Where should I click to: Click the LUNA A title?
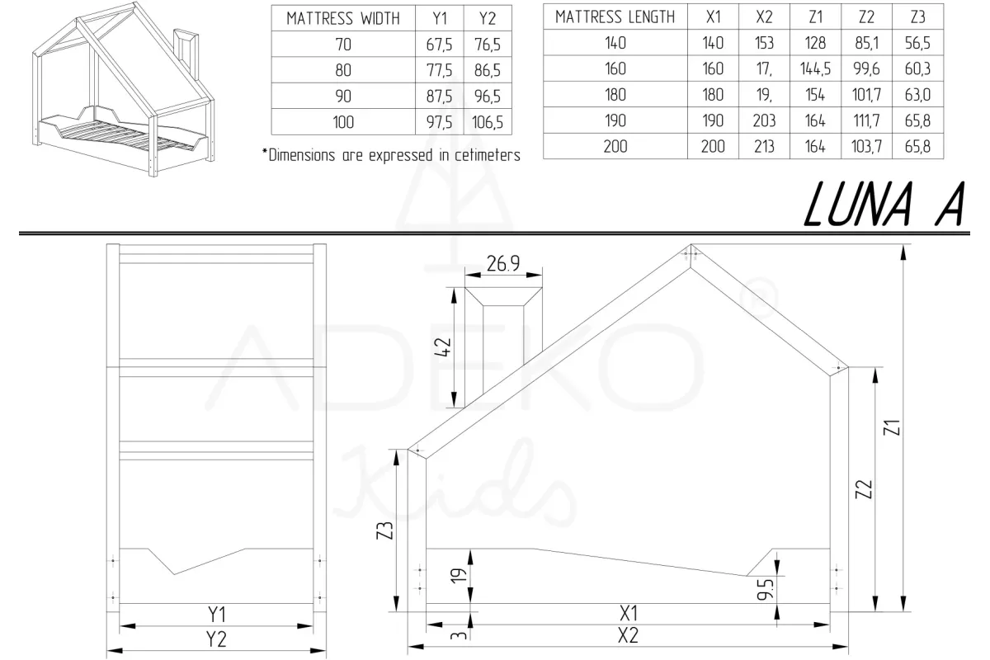pyautogui.click(x=884, y=205)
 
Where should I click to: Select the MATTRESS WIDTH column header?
pyautogui.click(x=343, y=19)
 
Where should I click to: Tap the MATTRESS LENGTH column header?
pyautogui.click(x=615, y=16)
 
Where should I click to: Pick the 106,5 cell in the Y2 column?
pyautogui.click(x=487, y=122)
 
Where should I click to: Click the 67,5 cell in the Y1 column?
pyautogui.click(x=439, y=45)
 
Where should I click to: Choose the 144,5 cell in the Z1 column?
pyautogui.click(x=815, y=68)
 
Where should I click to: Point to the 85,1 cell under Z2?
pyautogui.click(x=866, y=43)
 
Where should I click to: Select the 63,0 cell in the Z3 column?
pyautogui.click(x=917, y=95)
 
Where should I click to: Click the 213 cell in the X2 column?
pyautogui.click(x=764, y=146)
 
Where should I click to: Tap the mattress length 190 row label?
pyautogui.click(x=615, y=120)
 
